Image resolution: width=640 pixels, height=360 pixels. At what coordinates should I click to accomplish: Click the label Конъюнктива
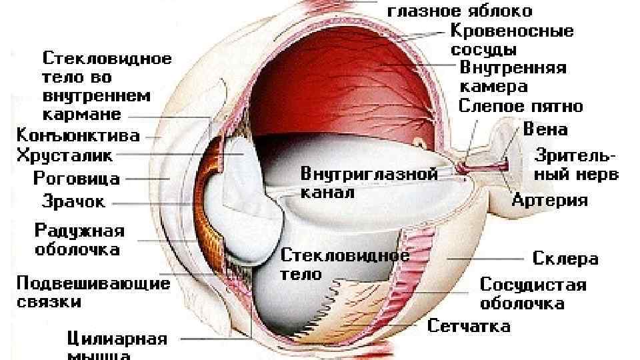point(78,135)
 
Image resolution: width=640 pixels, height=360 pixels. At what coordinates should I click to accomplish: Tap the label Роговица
point(77,178)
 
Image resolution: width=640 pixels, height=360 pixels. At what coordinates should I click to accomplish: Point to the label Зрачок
point(74,200)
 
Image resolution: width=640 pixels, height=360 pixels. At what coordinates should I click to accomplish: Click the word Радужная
point(79,231)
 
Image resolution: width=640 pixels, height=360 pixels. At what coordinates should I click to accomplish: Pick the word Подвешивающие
point(93,283)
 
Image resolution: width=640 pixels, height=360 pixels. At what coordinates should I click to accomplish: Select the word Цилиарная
point(117,339)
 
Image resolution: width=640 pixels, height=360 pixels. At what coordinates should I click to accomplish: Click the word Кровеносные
point(512,31)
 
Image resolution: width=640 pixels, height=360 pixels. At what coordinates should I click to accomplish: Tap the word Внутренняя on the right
point(513,68)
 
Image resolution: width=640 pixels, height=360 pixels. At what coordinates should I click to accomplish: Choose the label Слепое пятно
point(521,106)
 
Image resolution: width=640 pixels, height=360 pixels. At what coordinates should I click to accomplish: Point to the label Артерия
point(550,200)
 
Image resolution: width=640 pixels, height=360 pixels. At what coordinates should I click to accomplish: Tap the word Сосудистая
point(533,285)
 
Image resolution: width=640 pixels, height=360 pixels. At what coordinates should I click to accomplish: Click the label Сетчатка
point(469,326)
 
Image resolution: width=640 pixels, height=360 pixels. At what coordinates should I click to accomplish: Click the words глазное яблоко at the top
point(460,11)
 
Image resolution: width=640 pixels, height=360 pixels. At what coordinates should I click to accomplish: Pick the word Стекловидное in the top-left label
point(107,58)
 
